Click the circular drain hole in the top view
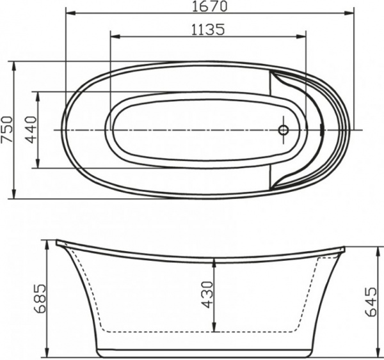(x=284, y=130)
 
